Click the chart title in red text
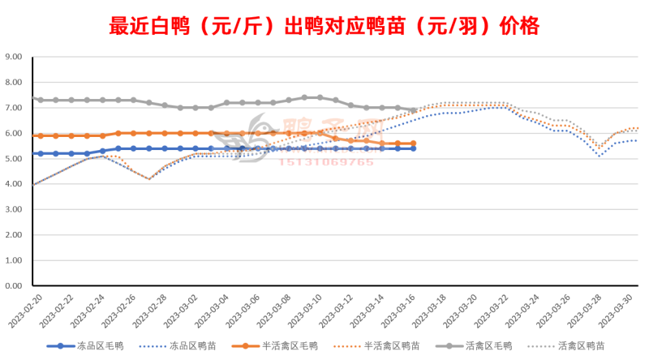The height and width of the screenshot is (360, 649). pyautogui.click(x=324, y=26)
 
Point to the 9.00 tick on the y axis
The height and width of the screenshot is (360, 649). pyautogui.click(x=14, y=57)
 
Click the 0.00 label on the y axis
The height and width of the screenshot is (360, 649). pyautogui.click(x=14, y=286)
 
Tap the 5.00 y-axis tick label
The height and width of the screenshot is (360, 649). pyautogui.click(x=14, y=159)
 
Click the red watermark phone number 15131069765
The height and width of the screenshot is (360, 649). pyautogui.click(x=327, y=162)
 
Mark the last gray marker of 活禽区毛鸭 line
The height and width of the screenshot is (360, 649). pyautogui.click(x=413, y=110)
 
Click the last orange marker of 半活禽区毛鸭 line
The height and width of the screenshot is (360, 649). pyautogui.click(x=413, y=144)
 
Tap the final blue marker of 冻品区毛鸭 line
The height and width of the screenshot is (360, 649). pyautogui.click(x=413, y=148)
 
